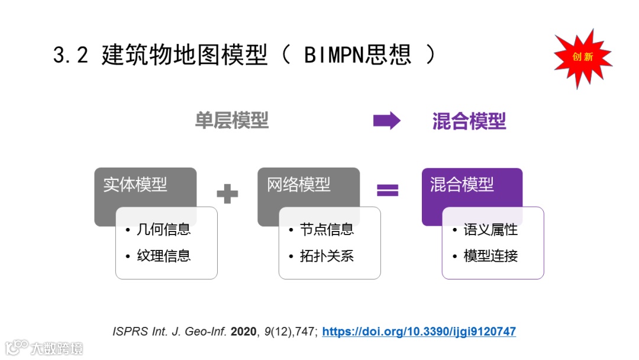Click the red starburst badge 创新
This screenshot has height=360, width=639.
582,57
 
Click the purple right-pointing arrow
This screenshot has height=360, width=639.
386,121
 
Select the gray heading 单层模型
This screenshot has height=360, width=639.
232,121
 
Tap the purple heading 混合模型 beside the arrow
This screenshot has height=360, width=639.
469,121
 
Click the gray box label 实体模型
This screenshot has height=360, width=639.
135,185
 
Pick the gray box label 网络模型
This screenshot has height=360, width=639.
299,185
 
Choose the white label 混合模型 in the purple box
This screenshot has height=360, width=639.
462,185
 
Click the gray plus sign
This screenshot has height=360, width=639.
227,193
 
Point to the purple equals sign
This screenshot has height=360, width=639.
388,190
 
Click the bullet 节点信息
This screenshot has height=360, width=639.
327,229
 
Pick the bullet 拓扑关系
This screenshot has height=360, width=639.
327,256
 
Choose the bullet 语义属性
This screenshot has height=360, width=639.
490,229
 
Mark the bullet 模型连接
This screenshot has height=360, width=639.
490,256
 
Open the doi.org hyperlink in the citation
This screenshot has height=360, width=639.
419,332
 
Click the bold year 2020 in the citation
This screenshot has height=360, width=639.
243,332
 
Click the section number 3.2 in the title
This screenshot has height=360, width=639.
70,55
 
